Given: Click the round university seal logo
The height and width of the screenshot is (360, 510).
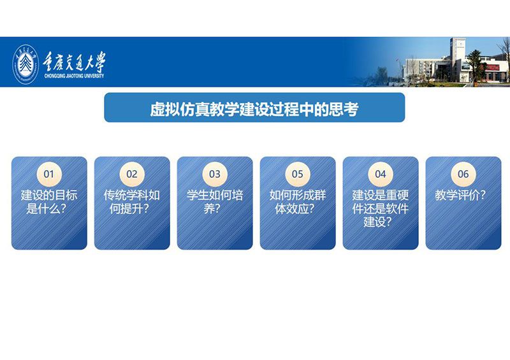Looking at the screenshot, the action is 25,64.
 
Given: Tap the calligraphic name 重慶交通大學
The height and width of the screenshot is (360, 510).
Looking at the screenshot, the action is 75,62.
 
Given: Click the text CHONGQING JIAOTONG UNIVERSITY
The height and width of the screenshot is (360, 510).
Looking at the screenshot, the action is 74,76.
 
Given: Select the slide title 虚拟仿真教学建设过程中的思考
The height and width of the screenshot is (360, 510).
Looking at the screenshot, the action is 254,109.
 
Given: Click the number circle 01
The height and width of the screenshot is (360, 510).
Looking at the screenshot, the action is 49,174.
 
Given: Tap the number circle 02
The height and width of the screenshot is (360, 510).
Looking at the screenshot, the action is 132,174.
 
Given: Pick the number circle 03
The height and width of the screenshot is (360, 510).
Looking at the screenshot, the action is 215,174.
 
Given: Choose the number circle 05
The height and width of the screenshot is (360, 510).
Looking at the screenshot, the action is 298,174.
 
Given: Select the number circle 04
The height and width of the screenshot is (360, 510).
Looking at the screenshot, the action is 381,174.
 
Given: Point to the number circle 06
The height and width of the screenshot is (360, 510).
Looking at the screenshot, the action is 463,174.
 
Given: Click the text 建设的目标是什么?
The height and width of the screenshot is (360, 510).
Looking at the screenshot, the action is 49,202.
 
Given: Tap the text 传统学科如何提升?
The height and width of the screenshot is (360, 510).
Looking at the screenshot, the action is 132,202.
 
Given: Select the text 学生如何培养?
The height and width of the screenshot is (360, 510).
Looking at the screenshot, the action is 215,202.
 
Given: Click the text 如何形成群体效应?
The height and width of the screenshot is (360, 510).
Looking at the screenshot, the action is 298,202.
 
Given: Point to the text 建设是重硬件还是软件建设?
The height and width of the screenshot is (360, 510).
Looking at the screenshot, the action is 381,208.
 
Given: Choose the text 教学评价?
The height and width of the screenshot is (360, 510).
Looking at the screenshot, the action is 460,195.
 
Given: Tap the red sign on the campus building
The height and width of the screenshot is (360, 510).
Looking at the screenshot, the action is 493,68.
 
